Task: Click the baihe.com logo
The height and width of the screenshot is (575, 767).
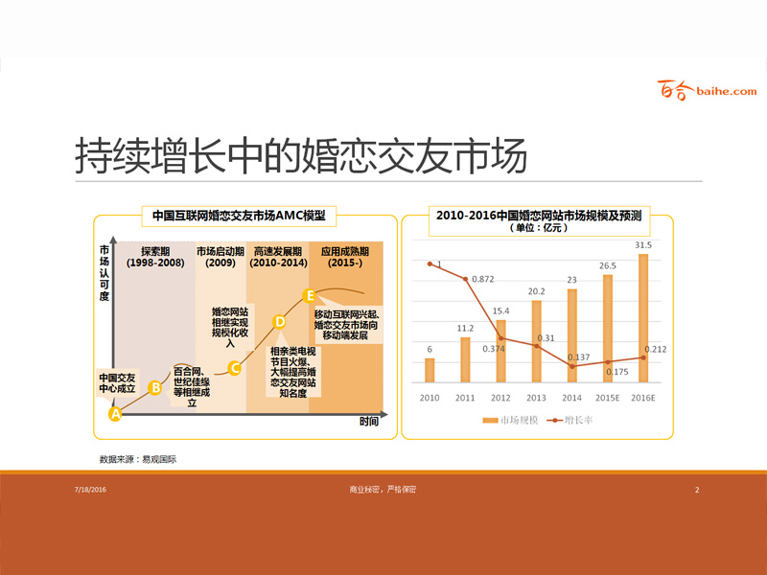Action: point(708,91)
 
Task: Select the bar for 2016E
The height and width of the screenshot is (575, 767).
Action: point(642,316)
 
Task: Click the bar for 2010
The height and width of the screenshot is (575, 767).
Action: point(430,369)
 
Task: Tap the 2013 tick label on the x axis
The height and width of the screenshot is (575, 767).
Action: point(536,397)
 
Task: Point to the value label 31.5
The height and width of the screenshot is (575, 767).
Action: point(642,245)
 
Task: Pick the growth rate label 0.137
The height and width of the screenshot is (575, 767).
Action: point(578,356)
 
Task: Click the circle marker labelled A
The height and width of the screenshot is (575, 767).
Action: point(115,414)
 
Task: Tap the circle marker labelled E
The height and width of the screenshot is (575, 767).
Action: point(309,294)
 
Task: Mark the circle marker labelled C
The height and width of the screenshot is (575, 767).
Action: point(234,367)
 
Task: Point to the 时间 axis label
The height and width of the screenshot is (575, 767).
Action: point(369,421)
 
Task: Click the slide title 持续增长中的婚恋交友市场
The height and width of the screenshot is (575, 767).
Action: point(301,157)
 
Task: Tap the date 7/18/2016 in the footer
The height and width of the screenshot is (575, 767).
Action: point(89,490)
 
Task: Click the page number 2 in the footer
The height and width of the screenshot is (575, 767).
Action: point(697,490)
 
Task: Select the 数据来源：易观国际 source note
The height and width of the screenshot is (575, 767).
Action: point(138,459)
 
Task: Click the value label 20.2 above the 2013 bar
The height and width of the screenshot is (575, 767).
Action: point(536,291)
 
